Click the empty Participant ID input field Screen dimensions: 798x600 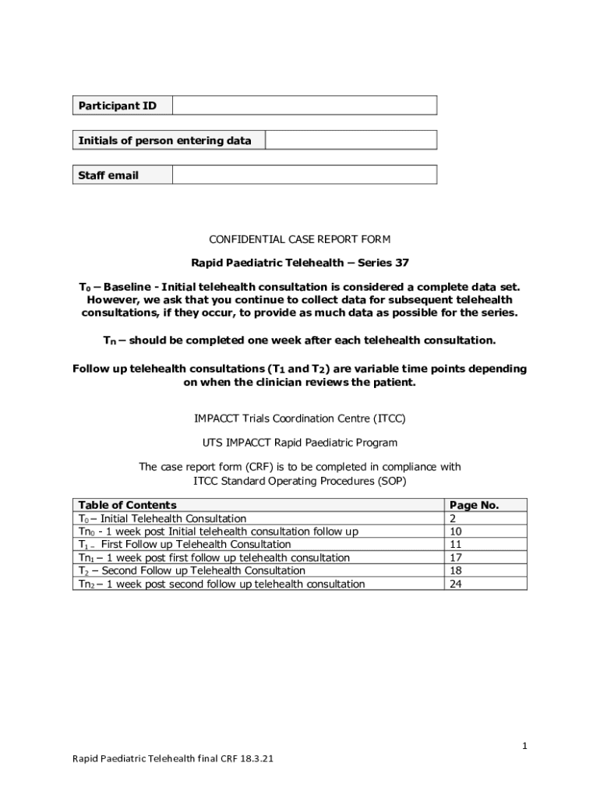[304, 105]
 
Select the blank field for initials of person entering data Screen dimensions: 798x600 [351, 140]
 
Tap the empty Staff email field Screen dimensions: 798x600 [304, 175]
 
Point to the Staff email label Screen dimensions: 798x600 [108, 175]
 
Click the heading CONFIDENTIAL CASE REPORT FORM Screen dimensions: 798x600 [300, 239]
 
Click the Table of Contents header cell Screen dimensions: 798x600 [128, 505]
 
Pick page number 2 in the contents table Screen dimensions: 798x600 [453, 518]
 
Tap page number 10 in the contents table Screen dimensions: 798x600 [456, 531]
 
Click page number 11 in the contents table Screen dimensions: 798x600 [456, 545]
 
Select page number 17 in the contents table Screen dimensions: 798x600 [456, 558]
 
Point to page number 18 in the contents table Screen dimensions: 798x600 [456, 571]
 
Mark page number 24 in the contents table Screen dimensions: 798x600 [456, 584]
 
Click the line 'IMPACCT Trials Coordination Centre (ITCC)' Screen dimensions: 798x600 [300, 418]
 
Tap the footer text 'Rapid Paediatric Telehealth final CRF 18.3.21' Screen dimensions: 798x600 [172, 758]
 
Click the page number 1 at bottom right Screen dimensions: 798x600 [524, 746]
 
